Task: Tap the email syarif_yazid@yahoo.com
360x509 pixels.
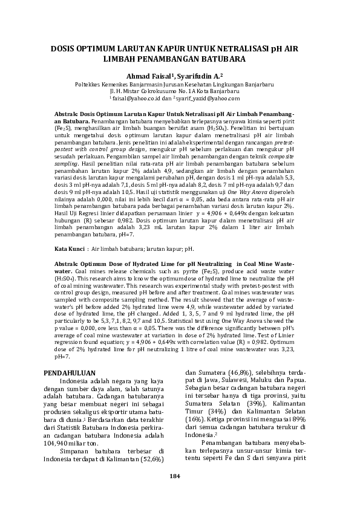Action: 209,98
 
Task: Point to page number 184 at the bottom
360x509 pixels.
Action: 175,493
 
